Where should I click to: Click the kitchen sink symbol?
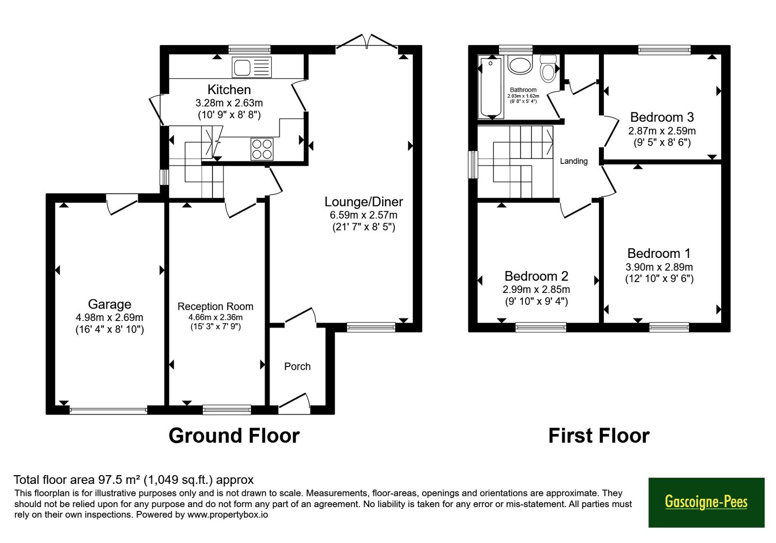click(x=252, y=67)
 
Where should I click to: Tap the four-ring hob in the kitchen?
click(x=262, y=149)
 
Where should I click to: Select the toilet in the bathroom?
click(x=548, y=68)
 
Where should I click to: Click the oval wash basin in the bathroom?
click(x=519, y=65)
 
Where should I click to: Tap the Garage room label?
click(x=110, y=304)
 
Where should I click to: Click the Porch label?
click(x=297, y=367)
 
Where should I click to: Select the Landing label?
click(x=574, y=161)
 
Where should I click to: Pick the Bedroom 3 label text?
click(x=662, y=117)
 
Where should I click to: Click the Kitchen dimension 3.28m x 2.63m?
click(x=229, y=103)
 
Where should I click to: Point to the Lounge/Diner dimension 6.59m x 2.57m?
click(x=363, y=215)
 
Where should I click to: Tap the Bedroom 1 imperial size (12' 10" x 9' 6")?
click(x=659, y=279)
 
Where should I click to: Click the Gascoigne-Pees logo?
click(x=706, y=502)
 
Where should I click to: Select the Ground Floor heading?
click(x=234, y=436)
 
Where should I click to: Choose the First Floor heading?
click(x=599, y=436)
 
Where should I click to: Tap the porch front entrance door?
click(x=294, y=404)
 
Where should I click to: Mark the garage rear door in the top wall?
click(x=122, y=204)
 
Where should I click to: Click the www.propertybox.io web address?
click(x=227, y=514)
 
